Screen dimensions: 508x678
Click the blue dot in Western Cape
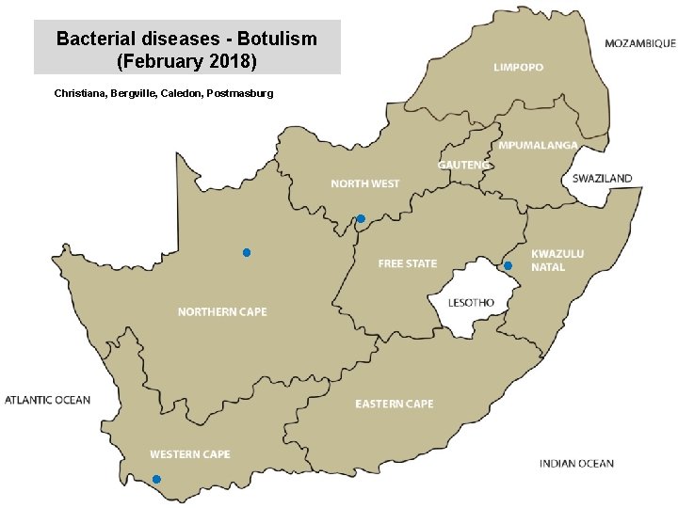156,480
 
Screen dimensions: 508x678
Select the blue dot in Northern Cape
246,253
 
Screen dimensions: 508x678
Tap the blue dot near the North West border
360,219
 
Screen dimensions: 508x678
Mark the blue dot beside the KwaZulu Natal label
508,266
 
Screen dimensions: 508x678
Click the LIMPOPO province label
518,68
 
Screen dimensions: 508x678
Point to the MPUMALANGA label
538,146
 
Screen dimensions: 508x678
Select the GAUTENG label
463,165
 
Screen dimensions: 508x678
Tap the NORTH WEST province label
364,184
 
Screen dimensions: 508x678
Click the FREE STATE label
407,263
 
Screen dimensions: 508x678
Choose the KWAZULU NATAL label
557,261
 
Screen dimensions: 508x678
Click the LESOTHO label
470,303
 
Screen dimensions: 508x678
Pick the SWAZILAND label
602,179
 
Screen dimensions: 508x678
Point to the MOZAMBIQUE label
639,43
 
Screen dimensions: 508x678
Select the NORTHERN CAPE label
222,312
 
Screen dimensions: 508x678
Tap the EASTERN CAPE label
394,404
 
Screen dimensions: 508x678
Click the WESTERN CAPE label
189,454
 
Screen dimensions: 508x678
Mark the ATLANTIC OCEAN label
48,400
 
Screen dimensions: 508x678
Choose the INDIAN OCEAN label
576,463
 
